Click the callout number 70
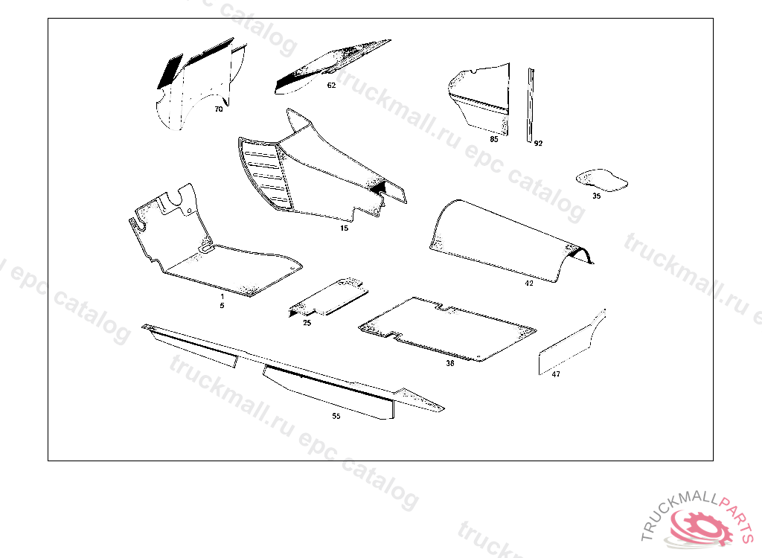pos(219,109)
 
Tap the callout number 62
pos(331,85)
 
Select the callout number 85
pos(494,139)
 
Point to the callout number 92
pos(538,144)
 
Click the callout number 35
pos(597,196)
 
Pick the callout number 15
pos(344,228)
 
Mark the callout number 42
pos(529,283)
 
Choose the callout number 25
pos(307,323)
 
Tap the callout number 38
pos(450,364)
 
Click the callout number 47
pos(556,375)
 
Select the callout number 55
pos(336,417)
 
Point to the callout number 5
pos(222,305)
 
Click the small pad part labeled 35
pos(603,179)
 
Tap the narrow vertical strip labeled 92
pos(531,104)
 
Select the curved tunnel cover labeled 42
pos(506,238)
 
